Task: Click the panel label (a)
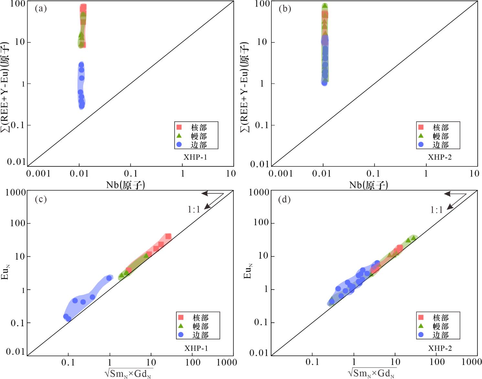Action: (41, 9)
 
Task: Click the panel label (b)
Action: (285, 9)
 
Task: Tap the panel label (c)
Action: (41, 199)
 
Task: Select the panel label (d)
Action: (284, 199)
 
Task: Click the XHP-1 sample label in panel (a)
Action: (195, 157)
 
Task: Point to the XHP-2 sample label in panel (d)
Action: (440, 348)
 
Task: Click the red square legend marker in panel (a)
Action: (179, 127)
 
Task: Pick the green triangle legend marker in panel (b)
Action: (421, 136)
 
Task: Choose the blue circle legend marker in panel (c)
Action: (181, 335)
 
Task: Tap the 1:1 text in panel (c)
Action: (194, 210)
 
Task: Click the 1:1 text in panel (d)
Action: (436, 210)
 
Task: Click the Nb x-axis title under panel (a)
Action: (126, 185)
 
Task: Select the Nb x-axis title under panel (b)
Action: (368, 185)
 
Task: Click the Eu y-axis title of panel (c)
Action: (6, 272)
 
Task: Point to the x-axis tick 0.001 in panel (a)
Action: (38, 174)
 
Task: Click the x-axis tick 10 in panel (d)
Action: (395, 362)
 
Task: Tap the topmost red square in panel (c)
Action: (168, 237)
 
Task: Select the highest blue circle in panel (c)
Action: (109, 278)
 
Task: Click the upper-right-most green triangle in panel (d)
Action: (413, 238)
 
